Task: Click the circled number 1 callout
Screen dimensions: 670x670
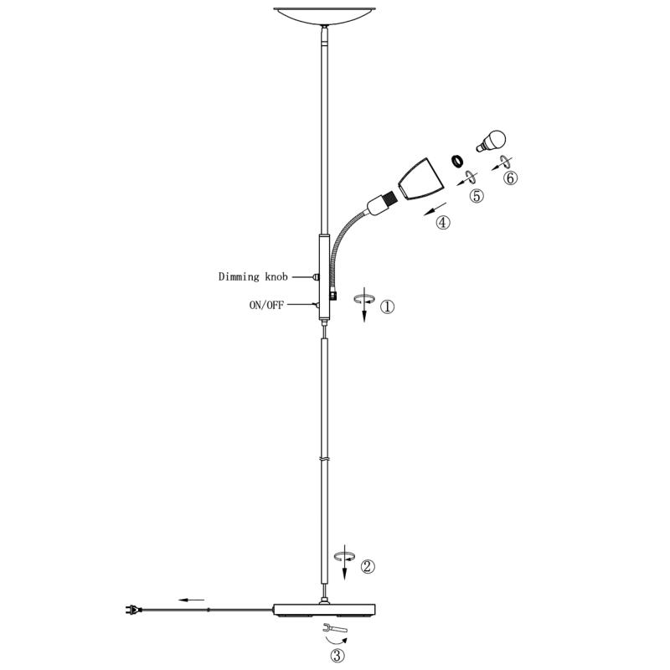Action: [387, 307]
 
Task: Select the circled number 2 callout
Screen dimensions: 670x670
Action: [368, 567]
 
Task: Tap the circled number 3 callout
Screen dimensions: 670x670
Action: [338, 656]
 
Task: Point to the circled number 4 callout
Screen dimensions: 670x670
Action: [443, 222]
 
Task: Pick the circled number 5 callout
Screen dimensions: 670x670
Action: [477, 196]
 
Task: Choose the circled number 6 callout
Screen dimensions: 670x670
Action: [510, 178]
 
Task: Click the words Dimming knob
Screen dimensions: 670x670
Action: [253, 277]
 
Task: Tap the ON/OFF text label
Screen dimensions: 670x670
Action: [266, 305]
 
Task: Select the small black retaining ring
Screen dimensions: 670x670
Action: [458, 161]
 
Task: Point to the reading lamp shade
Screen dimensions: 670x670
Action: [420, 179]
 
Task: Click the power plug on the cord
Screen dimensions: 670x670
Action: [133, 610]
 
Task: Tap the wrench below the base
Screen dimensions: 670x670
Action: [335, 628]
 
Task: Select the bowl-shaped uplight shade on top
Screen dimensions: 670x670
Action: [325, 16]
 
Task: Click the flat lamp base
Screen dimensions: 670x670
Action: [324, 610]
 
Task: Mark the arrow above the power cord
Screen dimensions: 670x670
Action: [192, 600]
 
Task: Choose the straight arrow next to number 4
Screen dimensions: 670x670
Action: [435, 209]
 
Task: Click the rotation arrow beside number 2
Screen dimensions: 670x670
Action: [345, 556]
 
